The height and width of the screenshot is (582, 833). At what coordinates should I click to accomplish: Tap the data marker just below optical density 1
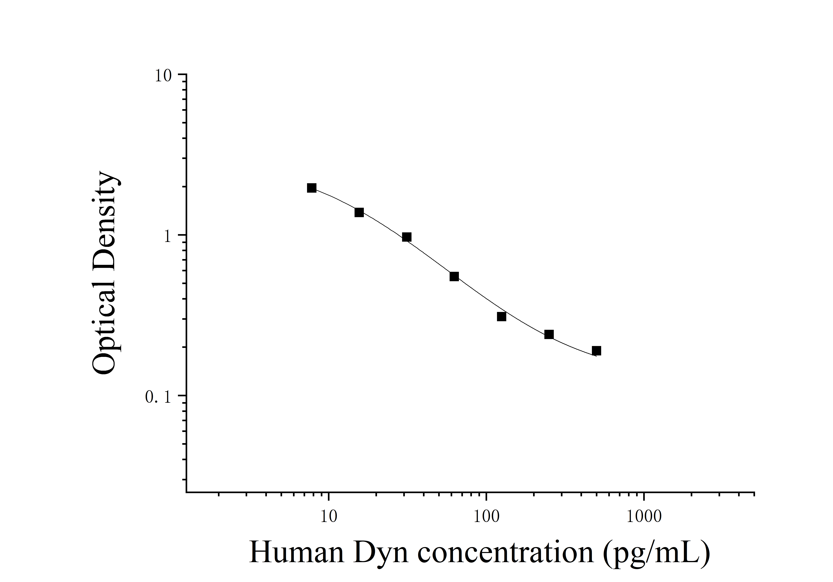[407, 237]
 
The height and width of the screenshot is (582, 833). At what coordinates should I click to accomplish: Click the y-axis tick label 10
[163, 76]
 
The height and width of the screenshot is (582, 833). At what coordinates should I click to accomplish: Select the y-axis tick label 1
[167, 237]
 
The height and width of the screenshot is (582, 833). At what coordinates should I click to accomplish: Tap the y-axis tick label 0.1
[158, 398]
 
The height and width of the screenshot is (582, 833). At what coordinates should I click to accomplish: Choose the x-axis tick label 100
[487, 517]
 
